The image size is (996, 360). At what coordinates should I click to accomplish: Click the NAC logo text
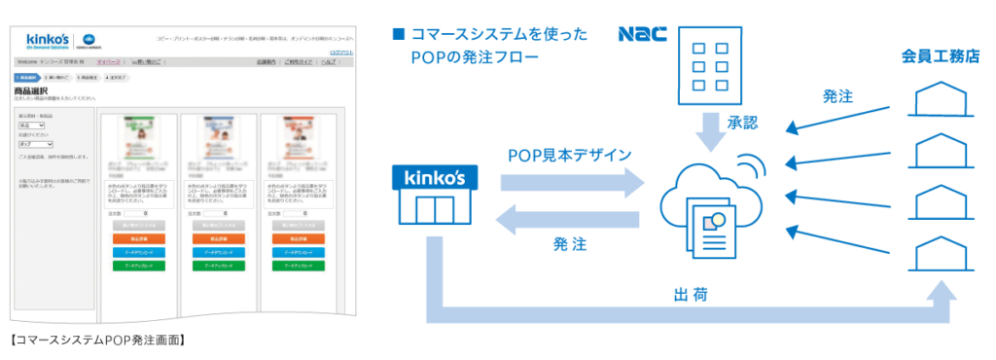[642, 34]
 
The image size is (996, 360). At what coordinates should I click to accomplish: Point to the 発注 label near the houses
[837, 96]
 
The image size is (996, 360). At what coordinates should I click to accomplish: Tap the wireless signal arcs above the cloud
[748, 165]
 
